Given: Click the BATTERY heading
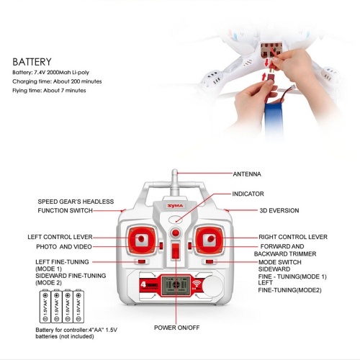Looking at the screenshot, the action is coord(32,62).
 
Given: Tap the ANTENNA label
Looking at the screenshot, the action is coord(247,174).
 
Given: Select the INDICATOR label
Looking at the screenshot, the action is coord(248,194).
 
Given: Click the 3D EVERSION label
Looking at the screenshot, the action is coord(279,210).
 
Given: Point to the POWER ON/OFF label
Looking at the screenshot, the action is coord(177,328).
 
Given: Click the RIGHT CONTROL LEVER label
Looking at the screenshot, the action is coord(293,237).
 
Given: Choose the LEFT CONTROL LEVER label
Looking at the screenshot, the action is coord(60,237).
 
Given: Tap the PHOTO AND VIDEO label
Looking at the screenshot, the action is coord(64,247).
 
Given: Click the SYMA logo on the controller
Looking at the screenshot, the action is coord(176,206).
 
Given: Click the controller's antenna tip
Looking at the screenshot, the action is coord(175,171).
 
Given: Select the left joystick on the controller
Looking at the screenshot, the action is coord(141,240).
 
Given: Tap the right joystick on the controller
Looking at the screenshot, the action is coord(210,240).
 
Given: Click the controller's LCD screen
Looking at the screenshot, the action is coord(176,285).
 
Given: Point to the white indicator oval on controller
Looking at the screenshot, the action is coord(176,220).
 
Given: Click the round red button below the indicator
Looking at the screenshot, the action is coord(176,233).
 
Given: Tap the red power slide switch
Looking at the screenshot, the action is coord(176,251).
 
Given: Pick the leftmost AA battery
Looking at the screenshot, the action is coord(45,306).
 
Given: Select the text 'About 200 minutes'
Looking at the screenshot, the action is coord(78,81).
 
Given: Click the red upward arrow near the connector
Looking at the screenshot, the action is coord(264,76).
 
